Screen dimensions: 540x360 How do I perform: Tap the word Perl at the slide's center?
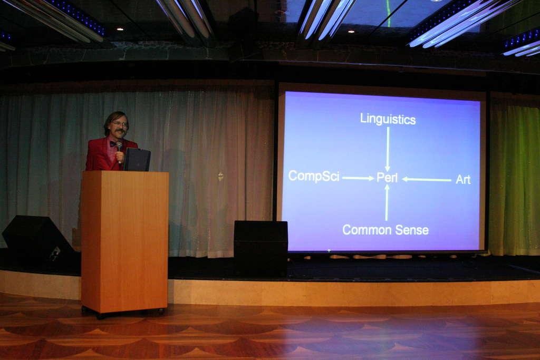click(387, 178)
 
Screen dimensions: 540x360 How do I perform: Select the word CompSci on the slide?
click(314, 176)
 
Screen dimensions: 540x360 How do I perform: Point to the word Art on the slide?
click(463, 179)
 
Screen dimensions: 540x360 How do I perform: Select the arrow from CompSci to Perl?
click(358, 178)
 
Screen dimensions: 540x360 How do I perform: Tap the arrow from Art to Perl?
click(427, 179)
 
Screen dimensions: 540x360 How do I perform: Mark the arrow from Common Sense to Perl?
click(387, 202)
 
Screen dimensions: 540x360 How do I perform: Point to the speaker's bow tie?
click(113, 144)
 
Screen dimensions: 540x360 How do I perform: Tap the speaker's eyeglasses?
click(120, 124)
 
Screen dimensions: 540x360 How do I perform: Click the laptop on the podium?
click(137, 159)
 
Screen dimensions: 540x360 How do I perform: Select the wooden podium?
click(124, 241)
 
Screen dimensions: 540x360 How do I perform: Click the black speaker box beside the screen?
click(261, 248)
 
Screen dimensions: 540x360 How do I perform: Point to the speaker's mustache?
click(120, 131)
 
